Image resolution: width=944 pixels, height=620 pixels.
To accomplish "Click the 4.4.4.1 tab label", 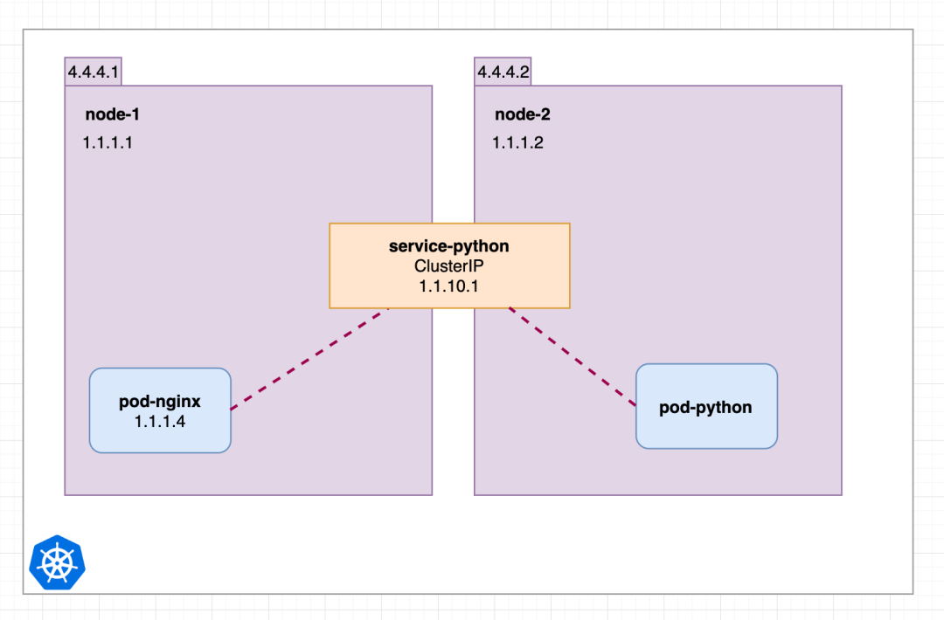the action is [x=94, y=72].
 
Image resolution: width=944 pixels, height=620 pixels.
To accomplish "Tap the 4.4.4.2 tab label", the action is [x=503, y=72].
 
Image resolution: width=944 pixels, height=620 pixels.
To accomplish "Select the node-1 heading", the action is [x=113, y=114].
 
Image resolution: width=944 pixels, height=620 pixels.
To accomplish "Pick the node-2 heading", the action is [x=523, y=114].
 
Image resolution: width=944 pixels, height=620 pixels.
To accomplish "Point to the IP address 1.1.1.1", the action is [x=108, y=142].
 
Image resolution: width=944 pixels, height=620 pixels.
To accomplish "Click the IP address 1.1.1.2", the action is [x=517, y=142].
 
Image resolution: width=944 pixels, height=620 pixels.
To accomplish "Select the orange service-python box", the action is [x=450, y=265].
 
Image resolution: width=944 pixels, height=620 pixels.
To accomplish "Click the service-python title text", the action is [x=449, y=246].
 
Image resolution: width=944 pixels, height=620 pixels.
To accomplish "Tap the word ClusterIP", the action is [x=449, y=265].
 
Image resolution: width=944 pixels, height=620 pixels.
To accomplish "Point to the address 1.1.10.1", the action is [x=449, y=286].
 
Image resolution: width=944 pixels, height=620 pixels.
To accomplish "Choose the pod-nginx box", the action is [x=160, y=410].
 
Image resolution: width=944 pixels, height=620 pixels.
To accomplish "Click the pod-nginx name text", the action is [x=160, y=401].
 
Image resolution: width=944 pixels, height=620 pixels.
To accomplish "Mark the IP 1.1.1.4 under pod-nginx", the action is [x=160, y=422].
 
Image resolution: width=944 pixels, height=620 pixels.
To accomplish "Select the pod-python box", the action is [x=707, y=406].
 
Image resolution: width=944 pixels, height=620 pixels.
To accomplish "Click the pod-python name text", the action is [x=705, y=407].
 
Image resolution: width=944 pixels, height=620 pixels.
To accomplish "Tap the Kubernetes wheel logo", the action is [x=57, y=563].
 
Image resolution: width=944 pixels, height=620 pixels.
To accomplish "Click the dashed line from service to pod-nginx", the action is [x=309, y=359].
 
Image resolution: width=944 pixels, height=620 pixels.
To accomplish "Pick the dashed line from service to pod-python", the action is [x=573, y=356].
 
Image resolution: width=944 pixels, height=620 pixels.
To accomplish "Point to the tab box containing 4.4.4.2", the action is [x=503, y=72].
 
